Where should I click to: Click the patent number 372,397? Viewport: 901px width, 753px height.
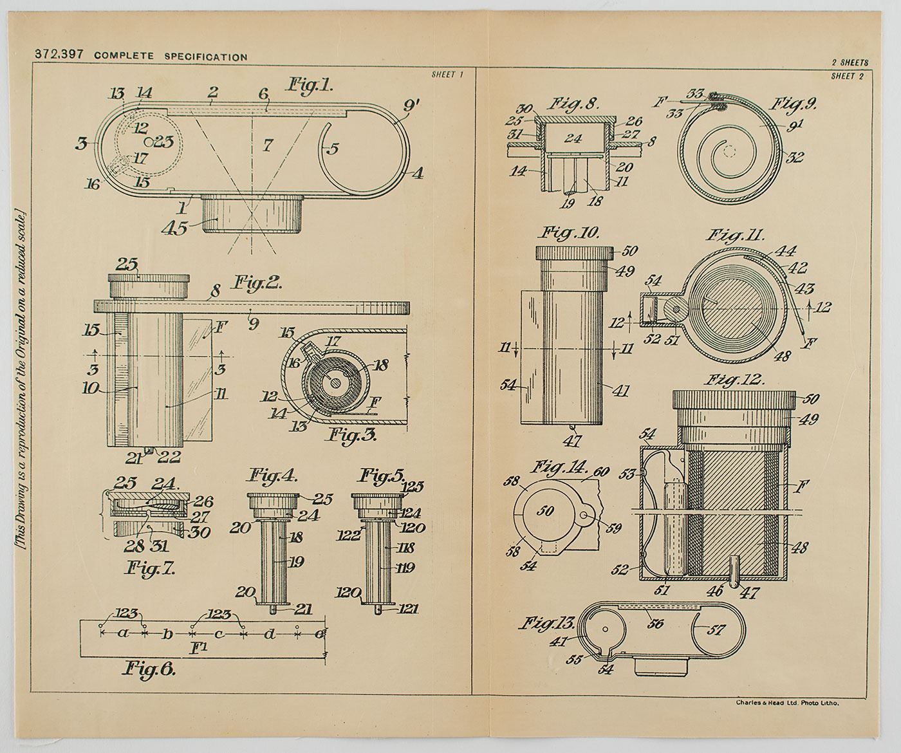59,55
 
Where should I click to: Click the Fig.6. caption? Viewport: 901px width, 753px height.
149,669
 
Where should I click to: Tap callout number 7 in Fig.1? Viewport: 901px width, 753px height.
266,145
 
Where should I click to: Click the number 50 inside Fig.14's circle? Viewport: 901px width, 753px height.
546,511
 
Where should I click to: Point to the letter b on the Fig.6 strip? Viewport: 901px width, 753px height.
167,635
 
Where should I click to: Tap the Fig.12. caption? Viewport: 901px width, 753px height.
734,379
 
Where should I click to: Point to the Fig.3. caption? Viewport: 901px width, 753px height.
352,435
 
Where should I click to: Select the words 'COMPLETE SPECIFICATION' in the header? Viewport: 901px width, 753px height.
171,57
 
